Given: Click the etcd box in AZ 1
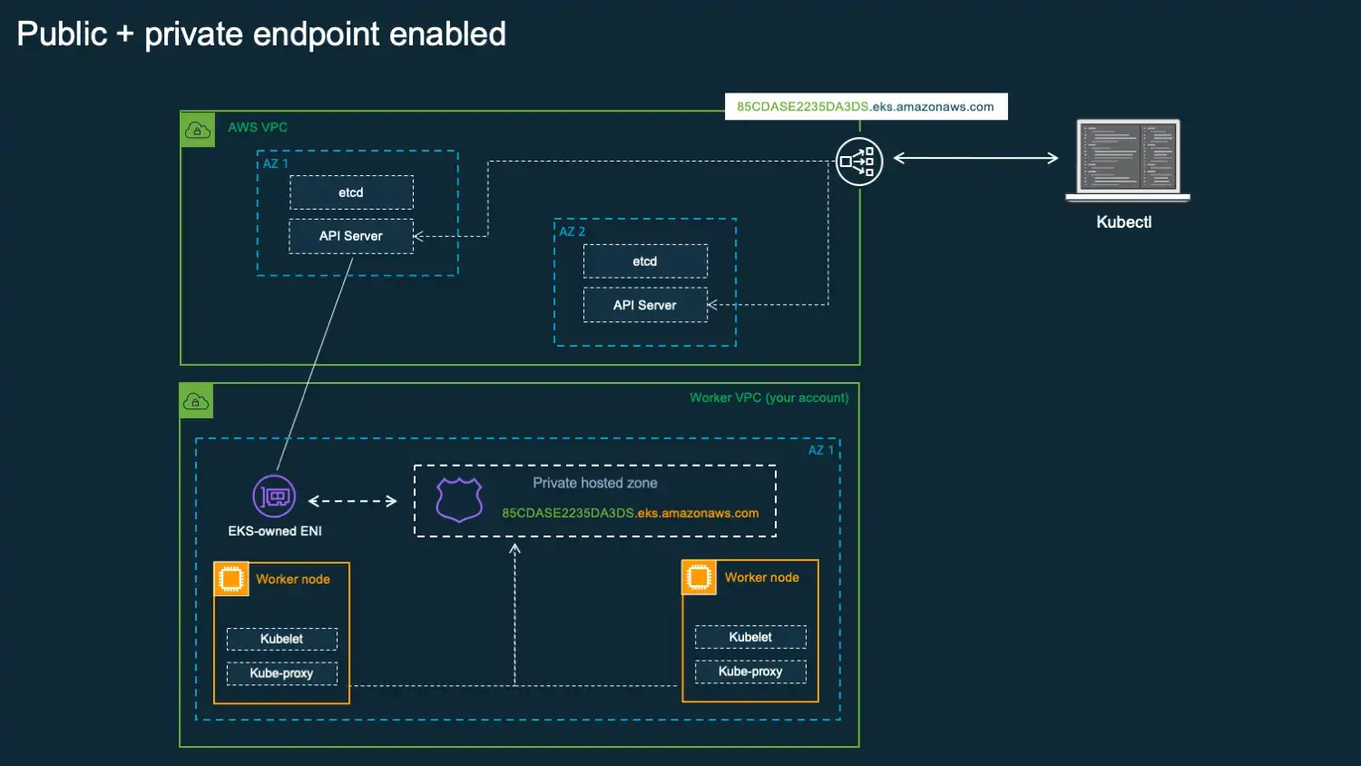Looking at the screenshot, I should point(351,192).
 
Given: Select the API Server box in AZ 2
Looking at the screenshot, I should point(644,305).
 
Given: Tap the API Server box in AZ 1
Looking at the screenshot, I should point(351,236).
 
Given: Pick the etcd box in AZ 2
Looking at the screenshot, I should point(644,261).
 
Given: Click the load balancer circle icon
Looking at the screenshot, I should point(858,162).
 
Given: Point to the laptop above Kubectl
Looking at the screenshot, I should point(1127,160).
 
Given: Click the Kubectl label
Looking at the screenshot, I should point(1123,222).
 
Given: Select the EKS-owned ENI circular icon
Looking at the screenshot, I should point(274,496).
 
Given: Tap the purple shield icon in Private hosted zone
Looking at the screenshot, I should point(459,500).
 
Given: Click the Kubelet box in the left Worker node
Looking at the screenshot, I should point(281,639).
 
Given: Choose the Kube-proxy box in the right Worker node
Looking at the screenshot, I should point(750,672).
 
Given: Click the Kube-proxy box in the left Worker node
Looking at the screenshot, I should point(281,673).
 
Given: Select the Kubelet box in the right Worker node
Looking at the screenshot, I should point(750,637).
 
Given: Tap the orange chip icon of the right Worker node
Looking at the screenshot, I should point(699,577).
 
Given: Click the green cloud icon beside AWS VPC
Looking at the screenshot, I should point(198,130).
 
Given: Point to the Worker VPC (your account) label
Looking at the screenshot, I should point(769,398).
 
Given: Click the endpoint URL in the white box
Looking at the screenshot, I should point(865,106).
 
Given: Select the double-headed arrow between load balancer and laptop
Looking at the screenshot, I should point(975,158).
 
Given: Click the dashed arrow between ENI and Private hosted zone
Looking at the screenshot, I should point(352,501).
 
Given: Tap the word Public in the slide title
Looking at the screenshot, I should point(62,34).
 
